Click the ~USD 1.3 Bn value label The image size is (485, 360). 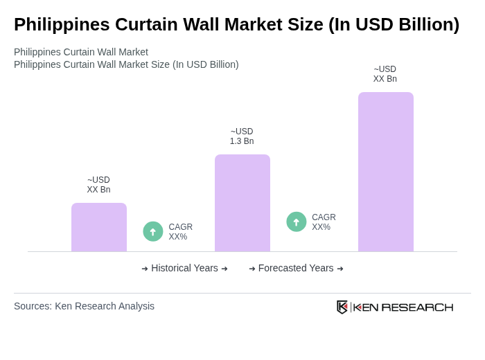coord(242,136)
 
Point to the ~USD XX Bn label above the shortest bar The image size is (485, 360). coord(98,185)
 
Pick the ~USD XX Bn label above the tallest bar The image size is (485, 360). coord(385,74)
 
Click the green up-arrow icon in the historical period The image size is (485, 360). coord(153,231)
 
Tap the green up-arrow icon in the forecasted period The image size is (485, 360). coord(297,222)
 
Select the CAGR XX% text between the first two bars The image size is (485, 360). coord(181,232)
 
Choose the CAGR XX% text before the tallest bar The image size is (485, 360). coord(324,222)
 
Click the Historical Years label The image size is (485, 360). coord(184,268)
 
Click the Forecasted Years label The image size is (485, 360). coord(296,268)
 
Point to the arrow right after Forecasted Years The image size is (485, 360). coord(340,269)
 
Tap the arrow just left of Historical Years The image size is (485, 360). coord(145,269)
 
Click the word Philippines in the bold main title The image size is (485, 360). coord(62,24)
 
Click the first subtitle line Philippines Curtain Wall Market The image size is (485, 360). coord(81,52)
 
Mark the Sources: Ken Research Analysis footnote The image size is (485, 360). coord(84,306)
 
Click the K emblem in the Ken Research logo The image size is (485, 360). coord(342,307)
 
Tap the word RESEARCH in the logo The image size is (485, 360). coord(417,307)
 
